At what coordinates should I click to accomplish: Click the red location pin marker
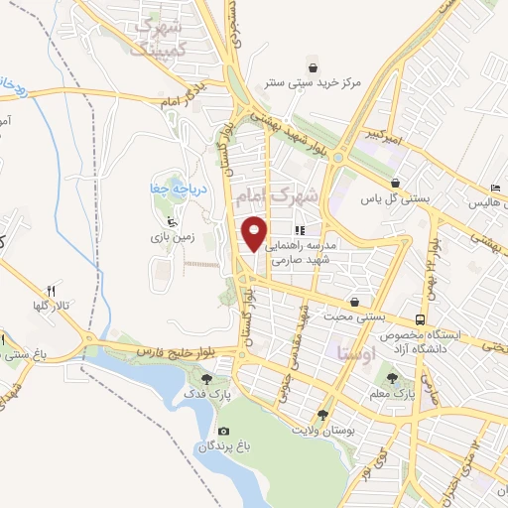[x=255, y=232]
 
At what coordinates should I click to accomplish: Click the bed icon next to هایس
[x=495, y=189]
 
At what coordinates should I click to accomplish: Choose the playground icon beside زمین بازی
[x=170, y=222]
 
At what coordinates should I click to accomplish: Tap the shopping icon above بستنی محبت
[x=355, y=302]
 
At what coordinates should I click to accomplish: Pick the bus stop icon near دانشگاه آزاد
[x=421, y=319]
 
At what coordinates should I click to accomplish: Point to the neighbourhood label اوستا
[x=355, y=351]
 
